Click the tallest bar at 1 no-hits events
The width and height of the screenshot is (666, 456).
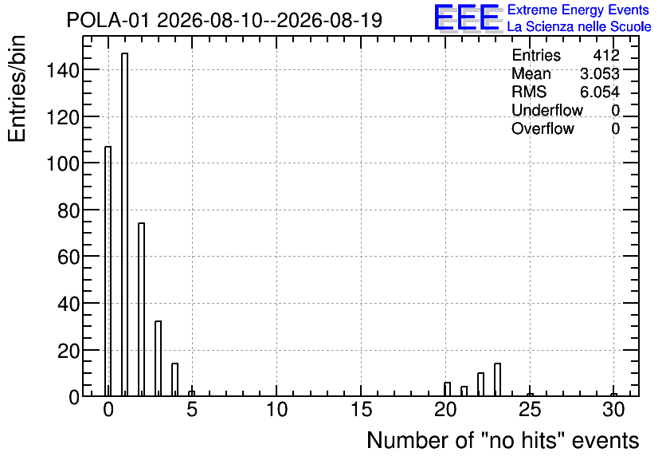click(x=125, y=225)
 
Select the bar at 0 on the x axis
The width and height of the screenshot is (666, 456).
click(x=108, y=272)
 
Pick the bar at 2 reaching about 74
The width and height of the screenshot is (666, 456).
click(x=142, y=310)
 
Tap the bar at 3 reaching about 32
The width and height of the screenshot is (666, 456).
click(x=158, y=359)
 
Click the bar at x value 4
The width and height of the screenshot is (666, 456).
click(x=175, y=380)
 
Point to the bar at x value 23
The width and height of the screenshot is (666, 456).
click(x=497, y=380)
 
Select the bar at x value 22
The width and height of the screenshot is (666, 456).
click(x=481, y=384)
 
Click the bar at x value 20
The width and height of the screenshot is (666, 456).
click(x=447, y=389)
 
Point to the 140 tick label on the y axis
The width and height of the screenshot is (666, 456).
click(x=63, y=70)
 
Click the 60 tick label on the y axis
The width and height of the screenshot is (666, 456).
click(x=69, y=257)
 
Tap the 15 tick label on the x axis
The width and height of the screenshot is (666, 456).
click(x=362, y=410)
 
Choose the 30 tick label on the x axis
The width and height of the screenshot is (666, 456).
click(x=613, y=410)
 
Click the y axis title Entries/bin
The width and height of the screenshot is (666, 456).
click(x=17, y=88)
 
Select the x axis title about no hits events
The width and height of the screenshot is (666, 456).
click(x=503, y=440)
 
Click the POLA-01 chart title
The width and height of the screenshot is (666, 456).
click(x=225, y=21)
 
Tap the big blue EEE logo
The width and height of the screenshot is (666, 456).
click(x=468, y=18)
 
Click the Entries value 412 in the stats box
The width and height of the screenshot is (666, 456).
click(x=606, y=55)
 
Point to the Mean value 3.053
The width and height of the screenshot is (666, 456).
click(x=600, y=73)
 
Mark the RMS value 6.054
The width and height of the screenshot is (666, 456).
click(x=600, y=92)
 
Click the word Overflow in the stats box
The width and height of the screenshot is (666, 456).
click(x=543, y=128)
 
